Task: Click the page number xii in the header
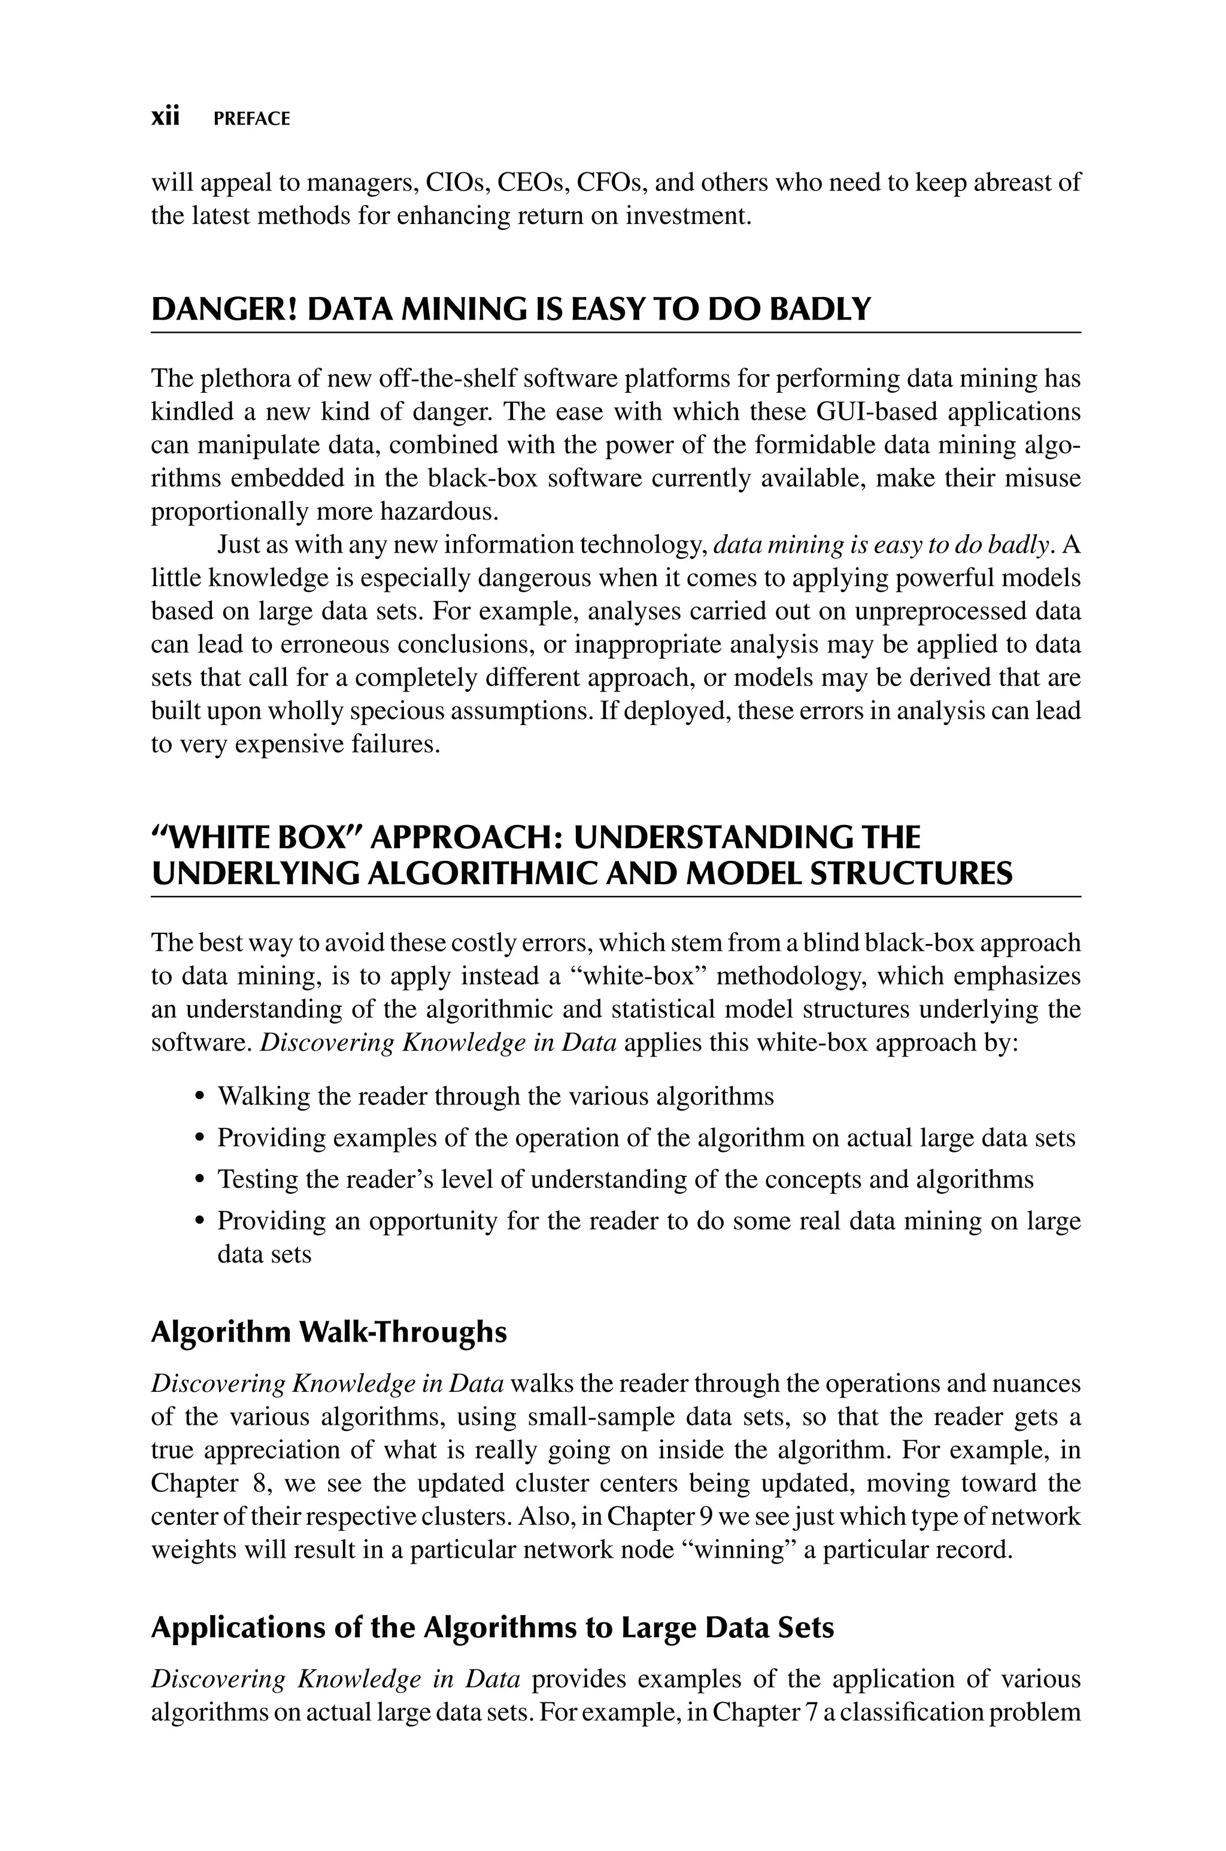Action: (x=165, y=117)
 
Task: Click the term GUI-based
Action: (x=876, y=411)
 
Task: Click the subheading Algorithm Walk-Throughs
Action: (x=329, y=1332)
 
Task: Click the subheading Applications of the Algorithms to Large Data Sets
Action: (x=492, y=1628)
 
